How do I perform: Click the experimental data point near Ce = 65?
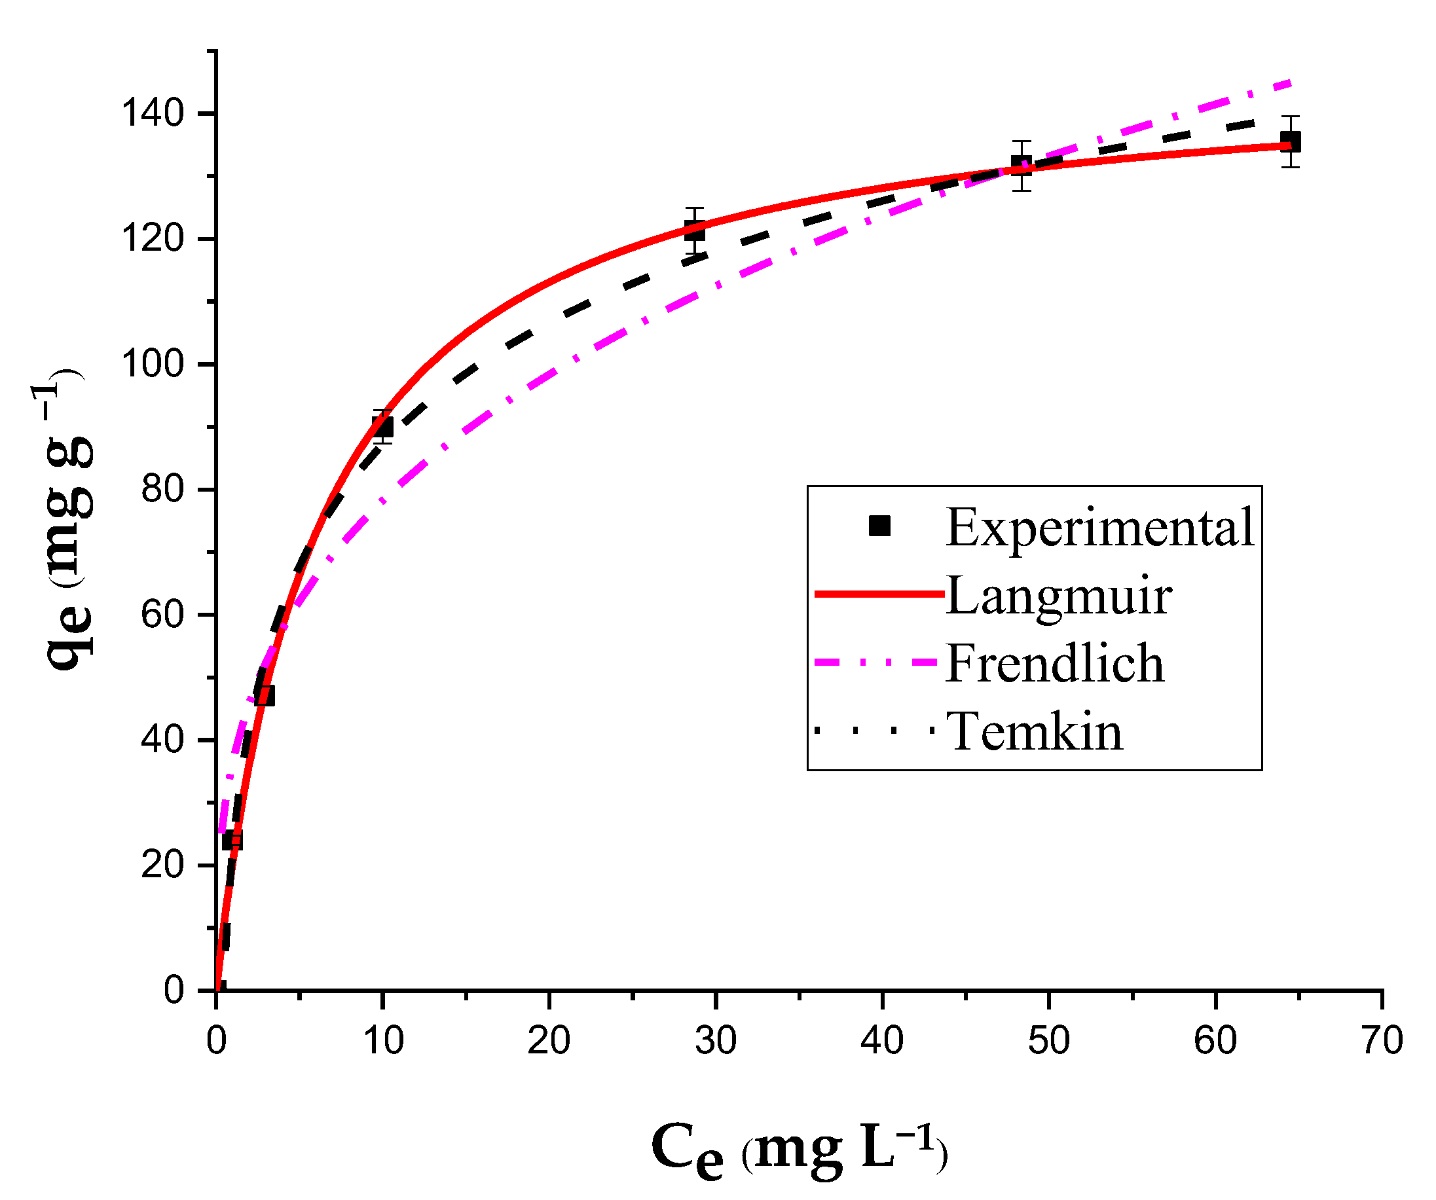click(x=1290, y=142)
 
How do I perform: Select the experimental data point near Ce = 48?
click(x=1021, y=166)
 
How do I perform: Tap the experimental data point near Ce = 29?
click(x=695, y=231)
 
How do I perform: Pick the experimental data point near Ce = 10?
click(x=383, y=427)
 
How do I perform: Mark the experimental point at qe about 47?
click(x=265, y=696)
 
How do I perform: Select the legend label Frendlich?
click(x=1054, y=663)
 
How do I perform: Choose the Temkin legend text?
click(x=1034, y=732)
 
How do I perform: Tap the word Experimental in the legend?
click(x=1099, y=527)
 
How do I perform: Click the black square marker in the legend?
click(x=879, y=526)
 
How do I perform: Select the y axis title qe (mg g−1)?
click(x=65, y=520)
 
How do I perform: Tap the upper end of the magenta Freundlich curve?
click(x=1288, y=82)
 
